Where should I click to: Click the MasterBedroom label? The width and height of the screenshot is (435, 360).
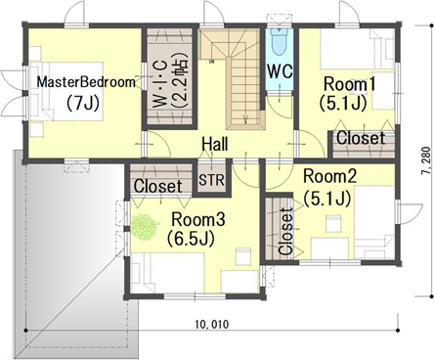click(86, 82)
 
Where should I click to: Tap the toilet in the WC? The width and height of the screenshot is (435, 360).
click(280, 42)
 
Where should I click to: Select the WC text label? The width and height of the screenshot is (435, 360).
click(280, 70)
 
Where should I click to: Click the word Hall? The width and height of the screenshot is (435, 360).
click(215, 144)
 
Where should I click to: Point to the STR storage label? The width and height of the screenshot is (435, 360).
click(212, 180)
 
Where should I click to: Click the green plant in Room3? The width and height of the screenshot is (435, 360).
click(145, 227)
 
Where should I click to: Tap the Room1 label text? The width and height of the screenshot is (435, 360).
click(349, 84)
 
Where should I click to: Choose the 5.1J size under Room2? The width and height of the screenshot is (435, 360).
click(327, 199)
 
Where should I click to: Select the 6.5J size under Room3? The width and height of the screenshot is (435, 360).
click(191, 239)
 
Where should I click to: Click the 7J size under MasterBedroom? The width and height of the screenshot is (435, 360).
click(83, 104)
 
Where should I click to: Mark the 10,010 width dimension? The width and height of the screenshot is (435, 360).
click(212, 325)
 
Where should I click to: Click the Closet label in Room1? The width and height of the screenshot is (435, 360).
click(361, 138)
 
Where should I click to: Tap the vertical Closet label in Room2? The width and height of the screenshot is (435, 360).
click(285, 231)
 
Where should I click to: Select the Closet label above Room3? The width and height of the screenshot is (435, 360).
click(158, 186)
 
